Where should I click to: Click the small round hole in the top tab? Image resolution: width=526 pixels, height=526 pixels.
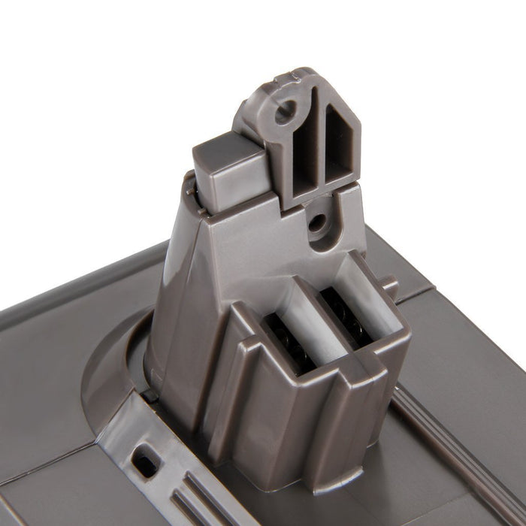click(283, 115)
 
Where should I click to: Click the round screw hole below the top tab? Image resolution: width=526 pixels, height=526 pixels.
click(318, 222)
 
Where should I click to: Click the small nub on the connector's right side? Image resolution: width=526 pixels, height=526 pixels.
click(388, 286)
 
